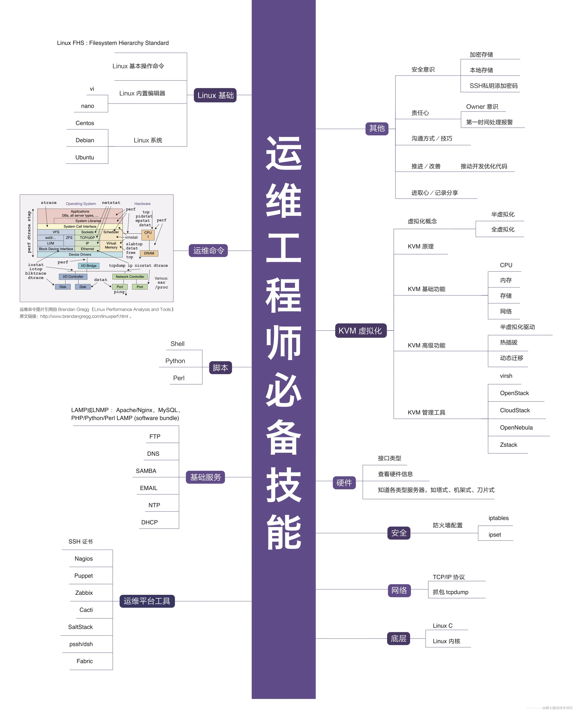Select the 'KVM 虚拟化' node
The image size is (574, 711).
tap(360, 330)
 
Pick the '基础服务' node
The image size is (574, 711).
tap(205, 477)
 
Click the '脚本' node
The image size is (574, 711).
tap(220, 368)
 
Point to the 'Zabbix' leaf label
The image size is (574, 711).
tap(84, 592)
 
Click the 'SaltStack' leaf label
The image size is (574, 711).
tap(80, 627)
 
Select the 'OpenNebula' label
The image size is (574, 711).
tap(516, 427)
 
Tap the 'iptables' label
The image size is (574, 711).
tap(498, 518)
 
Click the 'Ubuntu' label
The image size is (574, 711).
tap(85, 157)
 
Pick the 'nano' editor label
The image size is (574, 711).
tap(88, 106)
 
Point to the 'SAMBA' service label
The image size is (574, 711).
tap(146, 471)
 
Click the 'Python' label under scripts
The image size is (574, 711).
tap(175, 361)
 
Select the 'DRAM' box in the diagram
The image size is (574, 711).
tap(149, 254)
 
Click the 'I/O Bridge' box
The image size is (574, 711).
tap(89, 266)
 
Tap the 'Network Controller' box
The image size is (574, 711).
tap(130, 276)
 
